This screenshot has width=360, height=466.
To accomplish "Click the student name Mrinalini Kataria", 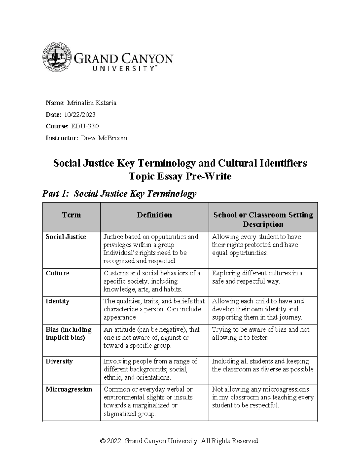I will click(91, 103).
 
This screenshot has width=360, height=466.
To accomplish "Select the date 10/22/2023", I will click(79, 115).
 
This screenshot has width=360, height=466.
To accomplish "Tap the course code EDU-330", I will click(85, 126).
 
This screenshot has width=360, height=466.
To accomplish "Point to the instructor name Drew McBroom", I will click(104, 138).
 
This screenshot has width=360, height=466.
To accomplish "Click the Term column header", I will click(71, 215).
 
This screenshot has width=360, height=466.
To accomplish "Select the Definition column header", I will click(154, 215).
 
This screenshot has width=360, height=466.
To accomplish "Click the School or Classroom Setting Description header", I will click(263, 219).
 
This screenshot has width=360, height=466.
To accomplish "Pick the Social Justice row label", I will click(66, 237).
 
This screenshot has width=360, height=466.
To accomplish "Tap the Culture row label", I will click(57, 273).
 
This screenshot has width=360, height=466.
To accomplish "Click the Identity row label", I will click(57, 301).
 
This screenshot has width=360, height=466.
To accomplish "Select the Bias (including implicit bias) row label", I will click(68, 333).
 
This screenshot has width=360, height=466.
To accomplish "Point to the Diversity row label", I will click(59, 361).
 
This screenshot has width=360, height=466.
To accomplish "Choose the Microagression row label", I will click(69, 389).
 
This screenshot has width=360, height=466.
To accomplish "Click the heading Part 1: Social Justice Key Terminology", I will click(119, 194).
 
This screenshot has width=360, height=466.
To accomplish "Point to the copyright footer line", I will click(180, 441).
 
